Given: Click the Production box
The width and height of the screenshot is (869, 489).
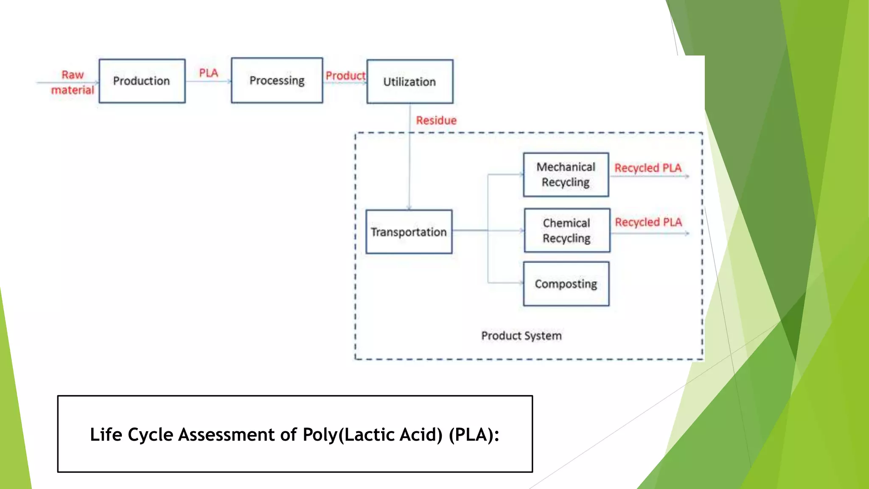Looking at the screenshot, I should [142, 81].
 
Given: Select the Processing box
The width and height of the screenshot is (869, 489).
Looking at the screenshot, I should [277, 81].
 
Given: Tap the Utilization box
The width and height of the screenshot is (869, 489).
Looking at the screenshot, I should [409, 81].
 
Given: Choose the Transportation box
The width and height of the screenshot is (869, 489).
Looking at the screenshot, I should [409, 232].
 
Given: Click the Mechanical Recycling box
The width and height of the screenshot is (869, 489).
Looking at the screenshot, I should [566, 174].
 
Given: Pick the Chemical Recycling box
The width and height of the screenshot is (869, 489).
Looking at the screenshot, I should [567, 230].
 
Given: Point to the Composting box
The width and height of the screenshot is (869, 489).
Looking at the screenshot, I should [566, 284].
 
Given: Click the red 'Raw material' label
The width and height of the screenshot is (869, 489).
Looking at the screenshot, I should [73, 82].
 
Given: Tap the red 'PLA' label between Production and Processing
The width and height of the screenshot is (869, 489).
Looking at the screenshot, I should [208, 73].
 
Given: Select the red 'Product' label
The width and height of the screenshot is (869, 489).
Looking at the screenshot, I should [345, 76].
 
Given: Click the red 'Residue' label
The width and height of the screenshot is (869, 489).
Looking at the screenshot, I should [436, 121].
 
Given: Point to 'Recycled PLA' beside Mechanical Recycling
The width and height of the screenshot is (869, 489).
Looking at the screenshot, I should [648, 168].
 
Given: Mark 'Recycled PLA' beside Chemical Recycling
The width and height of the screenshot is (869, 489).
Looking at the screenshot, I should [648, 222].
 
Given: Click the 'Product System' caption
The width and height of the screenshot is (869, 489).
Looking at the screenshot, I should [521, 336].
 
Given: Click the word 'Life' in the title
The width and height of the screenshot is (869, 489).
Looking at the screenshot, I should [106, 435].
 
